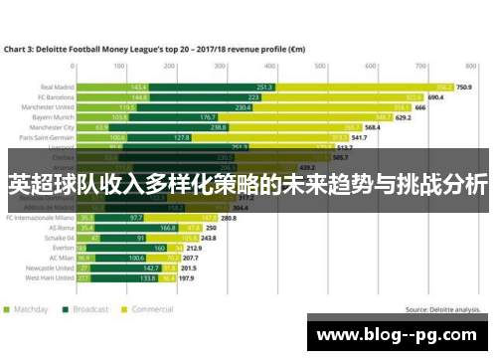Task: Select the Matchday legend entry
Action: point(29,309)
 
